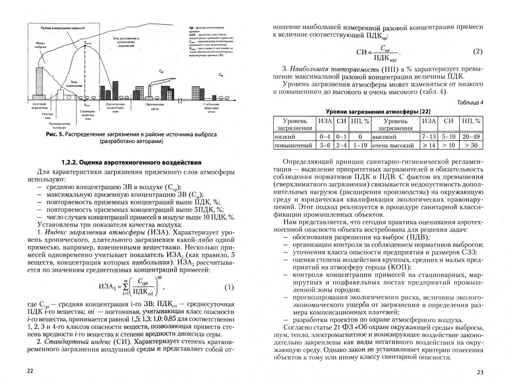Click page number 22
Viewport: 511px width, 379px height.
(30, 371)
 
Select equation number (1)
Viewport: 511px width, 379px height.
(229, 288)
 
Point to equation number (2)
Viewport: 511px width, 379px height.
(478, 52)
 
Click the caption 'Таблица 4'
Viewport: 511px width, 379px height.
(470, 102)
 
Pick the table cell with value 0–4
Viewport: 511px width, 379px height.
(325, 137)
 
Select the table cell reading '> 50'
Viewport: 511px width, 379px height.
(471, 145)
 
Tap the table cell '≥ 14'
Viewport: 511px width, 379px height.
(429, 145)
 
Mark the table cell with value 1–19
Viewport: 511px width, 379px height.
(360, 145)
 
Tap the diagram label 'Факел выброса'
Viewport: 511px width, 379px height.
(41, 45)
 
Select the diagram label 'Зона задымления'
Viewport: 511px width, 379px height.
(74, 84)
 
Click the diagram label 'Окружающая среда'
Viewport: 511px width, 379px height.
(155, 106)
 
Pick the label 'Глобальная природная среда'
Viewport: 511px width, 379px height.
(211, 108)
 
